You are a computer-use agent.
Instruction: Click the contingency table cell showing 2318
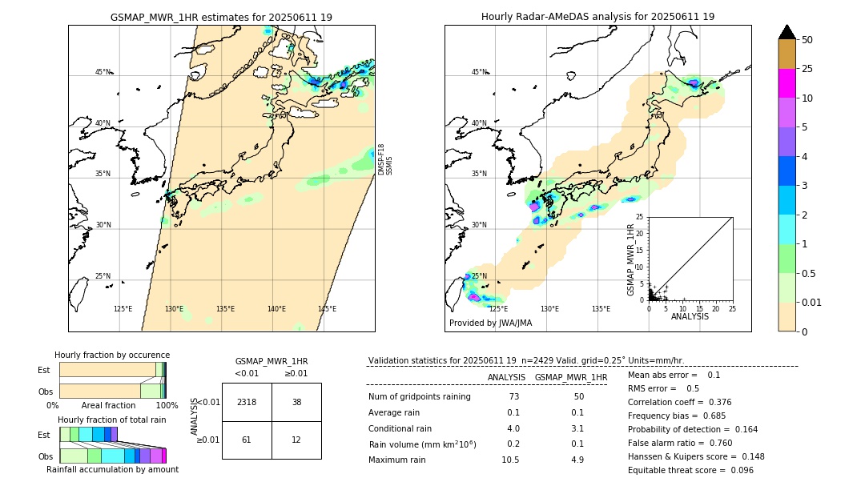(247, 402)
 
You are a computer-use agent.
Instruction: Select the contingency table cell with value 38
(296, 402)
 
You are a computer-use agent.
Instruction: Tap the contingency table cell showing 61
(247, 440)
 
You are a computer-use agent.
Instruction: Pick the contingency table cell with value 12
(296, 440)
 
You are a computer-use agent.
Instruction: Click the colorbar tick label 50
(807, 40)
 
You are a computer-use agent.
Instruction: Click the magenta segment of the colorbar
(787, 83)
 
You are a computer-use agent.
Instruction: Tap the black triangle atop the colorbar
(787, 32)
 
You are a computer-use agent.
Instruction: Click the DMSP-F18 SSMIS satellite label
(385, 159)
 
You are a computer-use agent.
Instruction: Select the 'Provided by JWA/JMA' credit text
(490, 323)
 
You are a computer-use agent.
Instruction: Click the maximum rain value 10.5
(510, 460)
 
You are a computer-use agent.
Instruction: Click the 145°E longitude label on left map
(327, 309)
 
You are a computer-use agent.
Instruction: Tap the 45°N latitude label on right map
(479, 72)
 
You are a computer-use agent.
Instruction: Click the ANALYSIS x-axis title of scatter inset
(690, 317)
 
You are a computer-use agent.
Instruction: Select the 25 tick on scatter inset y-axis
(639, 217)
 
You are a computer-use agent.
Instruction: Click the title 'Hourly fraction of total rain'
(112, 420)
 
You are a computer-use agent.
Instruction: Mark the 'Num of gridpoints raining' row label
(420, 397)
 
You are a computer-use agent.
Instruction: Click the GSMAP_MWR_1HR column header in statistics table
(571, 377)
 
